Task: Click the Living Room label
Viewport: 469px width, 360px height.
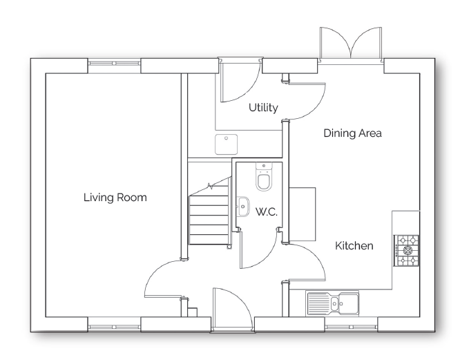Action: pyautogui.click(x=115, y=197)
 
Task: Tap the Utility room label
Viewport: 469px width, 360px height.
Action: pyautogui.click(x=263, y=108)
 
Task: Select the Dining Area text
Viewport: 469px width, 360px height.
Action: pyautogui.click(x=352, y=133)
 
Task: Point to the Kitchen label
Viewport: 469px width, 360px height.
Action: pyautogui.click(x=354, y=245)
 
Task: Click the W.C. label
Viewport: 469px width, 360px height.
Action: pyautogui.click(x=266, y=212)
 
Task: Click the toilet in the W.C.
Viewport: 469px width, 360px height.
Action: pyautogui.click(x=263, y=178)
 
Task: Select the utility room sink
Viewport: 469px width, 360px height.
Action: pyautogui.click(x=225, y=144)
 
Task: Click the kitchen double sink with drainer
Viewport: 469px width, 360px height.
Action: pyautogui.click(x=333, y=303)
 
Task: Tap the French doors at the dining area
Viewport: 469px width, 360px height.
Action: pyautogui.click(x=351, y=46)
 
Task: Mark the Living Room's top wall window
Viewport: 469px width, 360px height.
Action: pyautogui.click(x=115, y=66)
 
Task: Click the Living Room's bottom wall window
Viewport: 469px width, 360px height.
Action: pyautogui.click(x=115, y=324)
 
